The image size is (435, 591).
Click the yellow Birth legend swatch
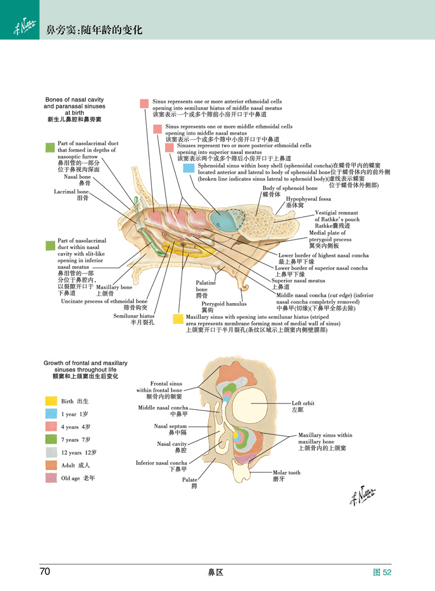51,401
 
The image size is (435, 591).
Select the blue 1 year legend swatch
51,413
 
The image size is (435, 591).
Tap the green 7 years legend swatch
51,439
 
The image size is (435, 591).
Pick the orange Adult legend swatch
51,465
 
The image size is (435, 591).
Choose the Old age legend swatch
51,478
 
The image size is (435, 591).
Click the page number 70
45,571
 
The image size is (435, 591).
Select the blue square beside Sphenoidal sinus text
188,168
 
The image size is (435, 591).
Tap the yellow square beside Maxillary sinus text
178,319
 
